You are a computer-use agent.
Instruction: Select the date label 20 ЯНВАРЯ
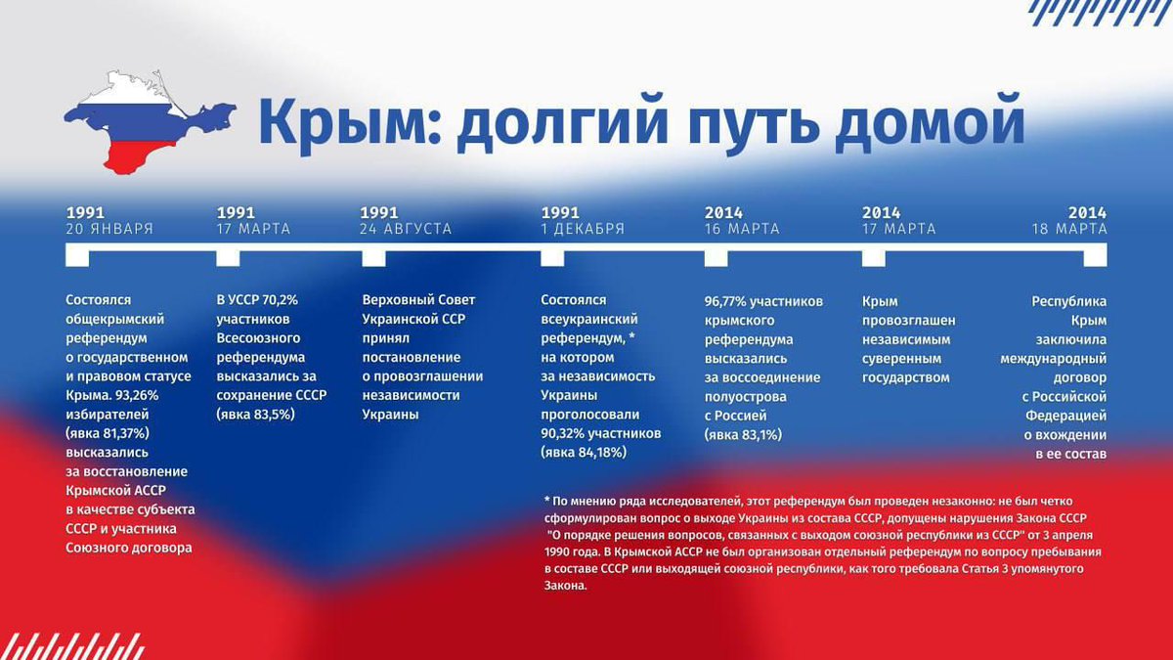coord(109,229)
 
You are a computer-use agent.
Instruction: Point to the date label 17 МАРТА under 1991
coord(253,229)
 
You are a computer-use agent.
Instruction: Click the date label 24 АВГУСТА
coord(406,229)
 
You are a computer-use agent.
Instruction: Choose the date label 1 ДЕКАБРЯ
coord(583,229)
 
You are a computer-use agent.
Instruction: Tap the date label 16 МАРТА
coord(742,229)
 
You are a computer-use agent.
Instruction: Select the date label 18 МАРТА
coord(1069,229)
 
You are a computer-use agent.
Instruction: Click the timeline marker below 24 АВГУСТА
coord(373,256)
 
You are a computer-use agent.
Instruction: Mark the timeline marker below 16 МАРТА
coord(716,256)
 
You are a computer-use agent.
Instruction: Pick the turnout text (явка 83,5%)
coord(255,415)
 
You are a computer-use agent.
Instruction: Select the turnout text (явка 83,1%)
coord(743,433)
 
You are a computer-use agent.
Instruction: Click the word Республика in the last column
coord(1069,301)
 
